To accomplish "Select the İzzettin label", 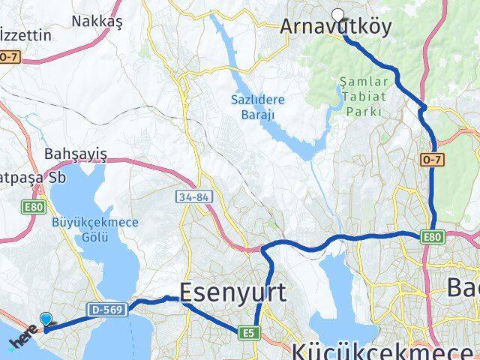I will (x=26, y=35).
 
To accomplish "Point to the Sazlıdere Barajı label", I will (x=253, y=105).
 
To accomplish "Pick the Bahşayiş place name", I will (x=76, y=154).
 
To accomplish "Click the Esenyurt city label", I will (x=232, y=292).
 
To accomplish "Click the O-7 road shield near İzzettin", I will (x=9, y=56).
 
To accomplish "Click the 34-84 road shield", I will (x=193, y=197).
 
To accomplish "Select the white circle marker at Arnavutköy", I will (x=337, y=14).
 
